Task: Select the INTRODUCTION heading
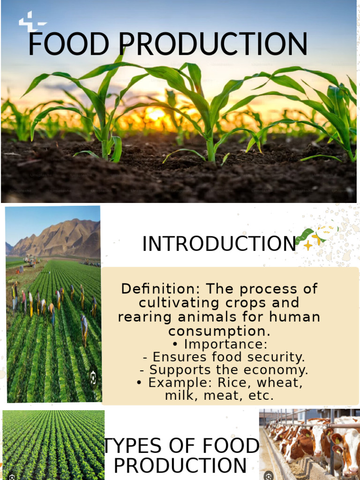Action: [219, 244]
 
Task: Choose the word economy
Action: [281, 370]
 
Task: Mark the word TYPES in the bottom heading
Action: [138, 446]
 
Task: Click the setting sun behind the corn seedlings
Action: [155, 113]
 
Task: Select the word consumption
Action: [219, 331]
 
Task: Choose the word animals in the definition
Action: [223, 317]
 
